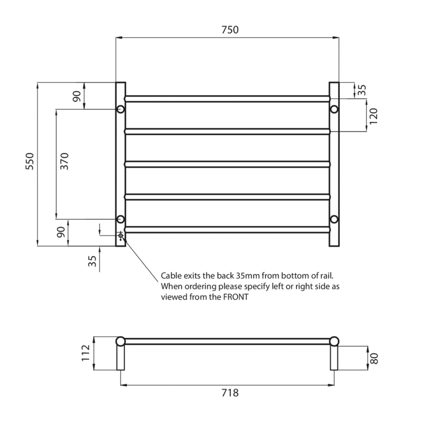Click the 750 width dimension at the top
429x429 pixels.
[x=230, y=30]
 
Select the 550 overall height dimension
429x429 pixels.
[x=30, y=161]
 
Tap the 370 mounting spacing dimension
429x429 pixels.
[x=64, y=161]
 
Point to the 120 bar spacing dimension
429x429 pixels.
[x=373, y=116]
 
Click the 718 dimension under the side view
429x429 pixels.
[x=230, y=393]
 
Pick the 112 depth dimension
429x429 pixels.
[x=86, y=353]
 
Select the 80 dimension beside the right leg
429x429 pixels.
[x=374, y=358]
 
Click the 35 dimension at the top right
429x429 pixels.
[x=362, y=90]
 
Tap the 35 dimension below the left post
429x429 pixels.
[x=92, y=261]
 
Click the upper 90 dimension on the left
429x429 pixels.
[x=76, y=96]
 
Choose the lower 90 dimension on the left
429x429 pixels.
[x=61, y=232]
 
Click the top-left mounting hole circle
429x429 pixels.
[x=120, y=109]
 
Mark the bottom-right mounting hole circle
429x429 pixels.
[x=334, y=219]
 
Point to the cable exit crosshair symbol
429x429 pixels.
[x=121, y=236]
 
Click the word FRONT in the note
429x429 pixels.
[x=236, y=297]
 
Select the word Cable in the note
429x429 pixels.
[x=171, y=276]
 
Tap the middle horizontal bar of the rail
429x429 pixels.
[x=227, y=164]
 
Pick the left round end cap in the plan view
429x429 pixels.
[x=120, y=341]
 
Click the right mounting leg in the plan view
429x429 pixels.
[x=334, y=358]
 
